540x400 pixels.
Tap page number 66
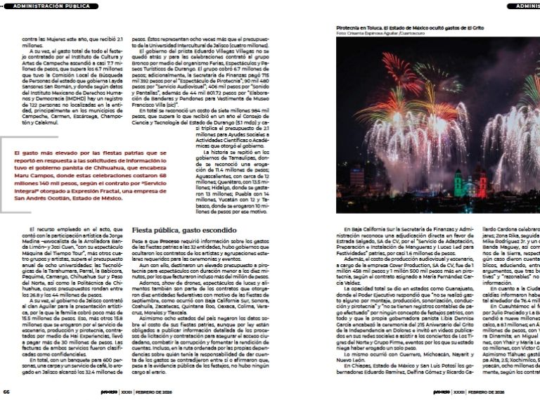point(6,392)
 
